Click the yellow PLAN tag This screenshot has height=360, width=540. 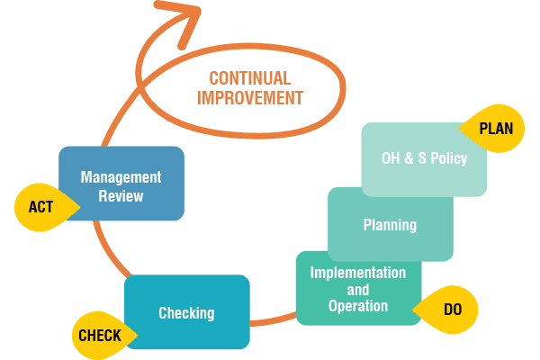click(x=494, y=129)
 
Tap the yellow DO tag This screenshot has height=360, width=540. click(x=453, y=309)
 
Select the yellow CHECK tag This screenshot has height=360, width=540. click(x=99, y=337)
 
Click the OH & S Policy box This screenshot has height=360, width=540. click(x=424, y=159)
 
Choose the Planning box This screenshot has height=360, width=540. click(x=390, y=224)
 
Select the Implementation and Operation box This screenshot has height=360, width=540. click(x=358, y=289)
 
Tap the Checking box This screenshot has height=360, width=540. click(x=186, y=312)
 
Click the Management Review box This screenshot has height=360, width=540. click(x=121, y=184)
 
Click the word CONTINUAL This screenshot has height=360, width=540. click(x=249, y=78)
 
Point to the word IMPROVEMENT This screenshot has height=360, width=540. click(x=249, y=98)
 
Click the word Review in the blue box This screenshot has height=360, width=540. click(x=121, y=195)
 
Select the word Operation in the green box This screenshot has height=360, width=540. click(x=358, y=306)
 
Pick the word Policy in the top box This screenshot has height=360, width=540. click(x=448, y=159)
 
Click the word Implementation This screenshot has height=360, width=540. click(x=358, y=273)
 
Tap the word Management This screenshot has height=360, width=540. click(x=121, y=176)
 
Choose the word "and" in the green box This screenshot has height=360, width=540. click(x=358, y=290)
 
